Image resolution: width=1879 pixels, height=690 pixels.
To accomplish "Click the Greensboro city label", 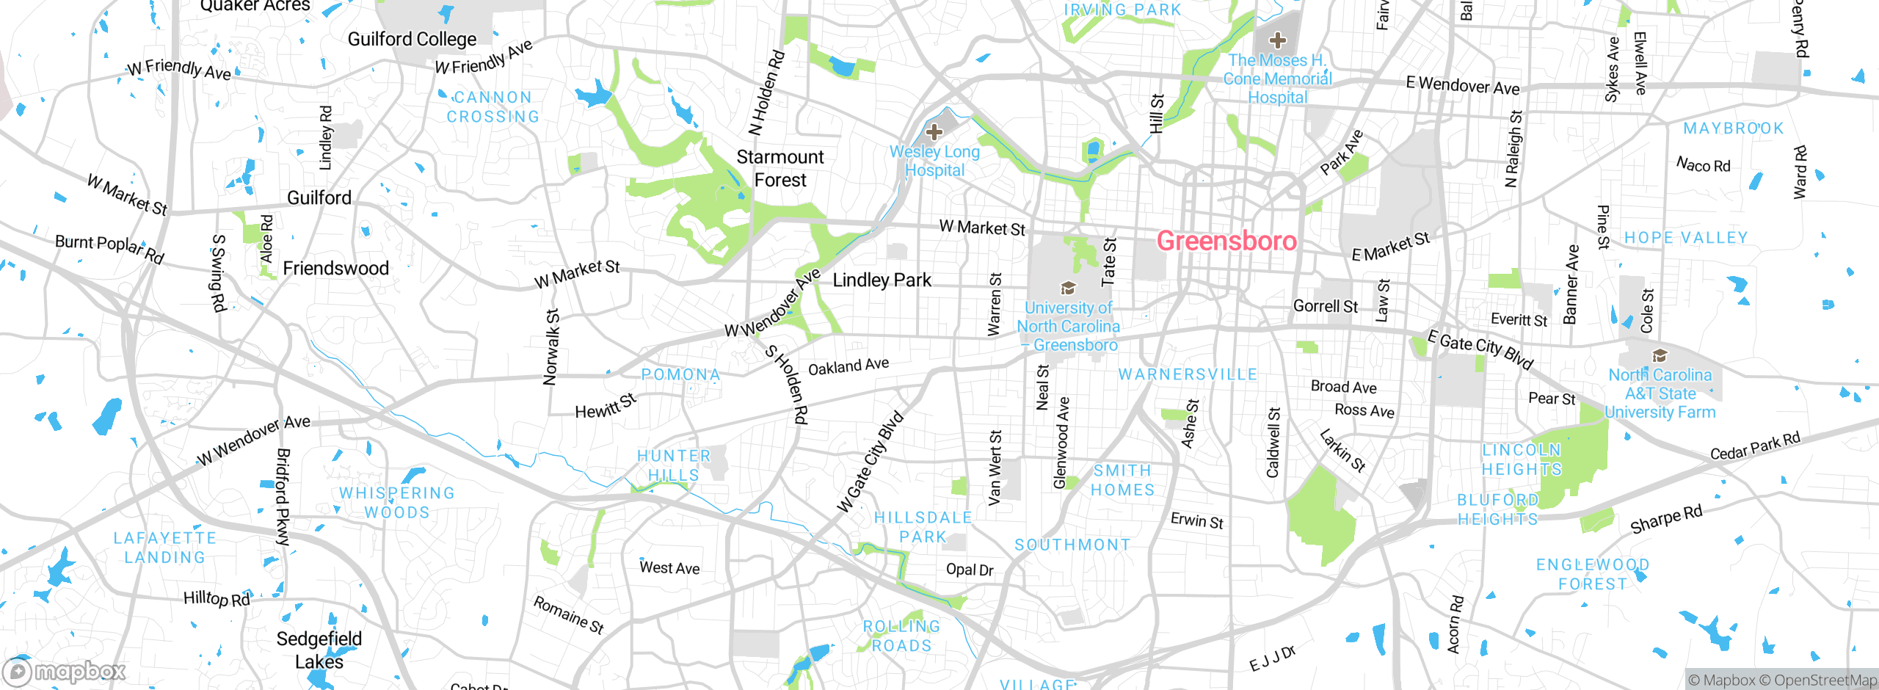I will pyautogui.click(x=1226, y=241).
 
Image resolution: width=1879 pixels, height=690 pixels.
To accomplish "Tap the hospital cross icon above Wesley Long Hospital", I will pyautogui.click(x=934, y=132).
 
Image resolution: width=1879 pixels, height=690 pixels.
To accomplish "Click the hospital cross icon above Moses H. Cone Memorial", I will pyautogui.click(x=1277, y=40).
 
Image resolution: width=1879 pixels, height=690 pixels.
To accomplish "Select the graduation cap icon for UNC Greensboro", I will pyautogui.click(x=1068, y=288).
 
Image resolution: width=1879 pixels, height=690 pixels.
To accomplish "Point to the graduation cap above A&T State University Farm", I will pyautogui.click(x=1660, y=356).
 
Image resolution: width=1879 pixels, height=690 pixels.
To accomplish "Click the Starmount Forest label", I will pyautogui.click(x=780, y=168).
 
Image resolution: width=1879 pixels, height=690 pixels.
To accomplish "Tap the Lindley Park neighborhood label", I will pyautogui.click(x=882, y=280).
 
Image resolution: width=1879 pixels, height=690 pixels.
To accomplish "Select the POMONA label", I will pyautogui.click(x=680, y=374).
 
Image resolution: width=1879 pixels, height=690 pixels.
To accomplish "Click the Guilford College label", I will pyautogui.click(x=412, y=39).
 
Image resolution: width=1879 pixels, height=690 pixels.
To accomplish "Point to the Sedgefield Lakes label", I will pyautogui.click(x=319, y=650).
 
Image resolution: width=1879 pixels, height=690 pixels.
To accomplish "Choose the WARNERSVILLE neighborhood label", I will pyautogui.click(x=1187, y=374).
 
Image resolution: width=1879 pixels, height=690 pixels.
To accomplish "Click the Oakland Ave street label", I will pyautogui.click(x=848, y=366).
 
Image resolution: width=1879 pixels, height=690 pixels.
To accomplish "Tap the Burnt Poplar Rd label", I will pyautogui.click(x=109, y=248).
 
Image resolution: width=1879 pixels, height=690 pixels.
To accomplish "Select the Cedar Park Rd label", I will pyautogui.click(x=1755, y=446).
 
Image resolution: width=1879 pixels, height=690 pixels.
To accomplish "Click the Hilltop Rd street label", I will pyautogui.click(x=217, y=598).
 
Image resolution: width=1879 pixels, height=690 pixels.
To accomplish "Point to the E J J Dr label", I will pyautogui.click(x=1273, y=658).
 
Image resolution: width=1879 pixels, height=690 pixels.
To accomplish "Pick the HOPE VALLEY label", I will pyautogui.click(x=1685, y=238).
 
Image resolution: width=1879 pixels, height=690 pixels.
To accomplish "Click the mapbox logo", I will pyautogui.click(x=65, y=672).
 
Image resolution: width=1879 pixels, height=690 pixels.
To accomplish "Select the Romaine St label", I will pyautogui.click(x=568, y=614).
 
